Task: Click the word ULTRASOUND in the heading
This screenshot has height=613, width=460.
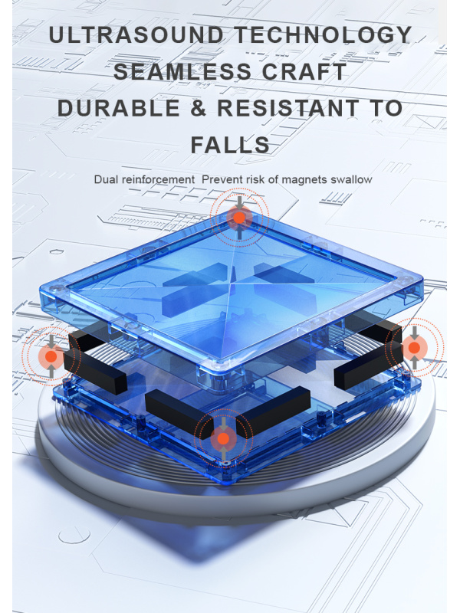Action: click(136, 35)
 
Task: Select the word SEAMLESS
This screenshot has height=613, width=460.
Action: click(182, 71)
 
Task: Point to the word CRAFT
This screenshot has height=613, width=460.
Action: click(304, 71)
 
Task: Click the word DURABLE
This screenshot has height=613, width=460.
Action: click(119, 108)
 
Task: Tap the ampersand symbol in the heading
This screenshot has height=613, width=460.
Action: click(199, 108)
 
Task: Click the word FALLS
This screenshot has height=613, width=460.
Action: click(230, 145)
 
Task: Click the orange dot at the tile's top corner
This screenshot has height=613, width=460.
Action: click(239, 218)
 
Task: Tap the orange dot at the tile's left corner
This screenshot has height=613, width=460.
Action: click(51, 356)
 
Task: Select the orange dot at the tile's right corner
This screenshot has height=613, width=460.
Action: click(414, 348)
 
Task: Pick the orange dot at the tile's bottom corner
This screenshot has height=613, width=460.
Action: click(223, 438)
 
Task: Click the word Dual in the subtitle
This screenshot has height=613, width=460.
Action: click(106, 179)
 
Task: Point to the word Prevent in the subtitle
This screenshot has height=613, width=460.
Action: click(222, 179)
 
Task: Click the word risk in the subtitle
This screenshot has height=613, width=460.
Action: click(255, 179)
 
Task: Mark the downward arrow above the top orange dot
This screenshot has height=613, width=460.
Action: click(239, 202)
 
